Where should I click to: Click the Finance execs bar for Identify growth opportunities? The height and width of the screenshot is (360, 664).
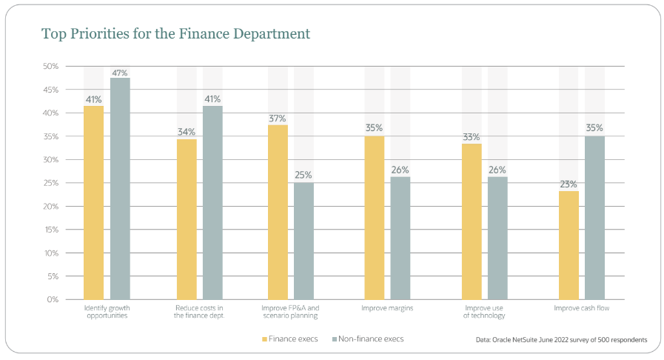(94, 202)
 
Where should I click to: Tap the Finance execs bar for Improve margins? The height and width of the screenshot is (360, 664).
(375, 217)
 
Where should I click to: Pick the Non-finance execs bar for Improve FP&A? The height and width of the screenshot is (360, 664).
(304, 241)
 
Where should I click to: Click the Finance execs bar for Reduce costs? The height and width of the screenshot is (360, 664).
(187, 219)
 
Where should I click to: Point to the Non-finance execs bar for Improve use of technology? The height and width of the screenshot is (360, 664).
(497, 238)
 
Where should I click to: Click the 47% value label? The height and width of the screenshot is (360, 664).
(120, 73)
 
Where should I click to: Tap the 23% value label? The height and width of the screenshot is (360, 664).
(569, 184)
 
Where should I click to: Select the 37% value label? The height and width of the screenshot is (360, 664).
(278, 119)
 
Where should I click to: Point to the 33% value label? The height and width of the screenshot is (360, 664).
(472, 137)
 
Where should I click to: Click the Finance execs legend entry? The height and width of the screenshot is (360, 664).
(291, 339)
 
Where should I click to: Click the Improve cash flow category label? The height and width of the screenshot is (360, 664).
(581, 307)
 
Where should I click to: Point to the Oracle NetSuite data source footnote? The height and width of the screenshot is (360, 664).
(562, 339)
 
